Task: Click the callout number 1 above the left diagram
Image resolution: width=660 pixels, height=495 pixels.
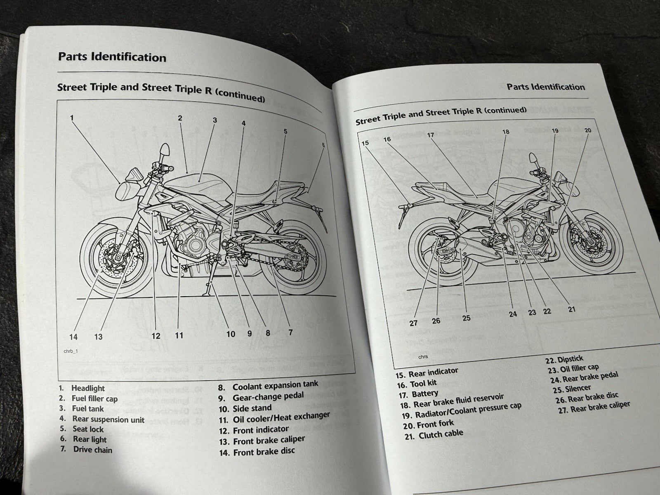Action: (72, 118)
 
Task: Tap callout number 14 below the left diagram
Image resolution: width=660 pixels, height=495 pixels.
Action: (73, 337)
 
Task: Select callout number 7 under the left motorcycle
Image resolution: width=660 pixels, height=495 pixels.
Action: (290, 332)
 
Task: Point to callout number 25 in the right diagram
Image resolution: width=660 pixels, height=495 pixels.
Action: (466, 318)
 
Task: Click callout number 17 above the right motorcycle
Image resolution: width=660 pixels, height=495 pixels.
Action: (431, 135)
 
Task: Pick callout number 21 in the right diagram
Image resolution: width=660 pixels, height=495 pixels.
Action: (571, 309)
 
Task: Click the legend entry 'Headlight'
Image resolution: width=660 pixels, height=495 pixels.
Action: (88, 388)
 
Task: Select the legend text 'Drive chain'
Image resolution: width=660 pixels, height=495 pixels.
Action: (92, 450)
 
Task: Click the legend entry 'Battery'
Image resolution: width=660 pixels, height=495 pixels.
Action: (425, 394)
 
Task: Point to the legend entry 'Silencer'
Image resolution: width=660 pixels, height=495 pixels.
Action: (578, 389)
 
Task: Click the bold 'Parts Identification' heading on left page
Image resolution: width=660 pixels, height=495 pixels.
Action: (112, 57)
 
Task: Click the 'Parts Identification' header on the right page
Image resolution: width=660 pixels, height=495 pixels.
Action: (545, 87)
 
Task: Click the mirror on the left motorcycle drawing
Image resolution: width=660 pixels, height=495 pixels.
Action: (165, 149)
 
